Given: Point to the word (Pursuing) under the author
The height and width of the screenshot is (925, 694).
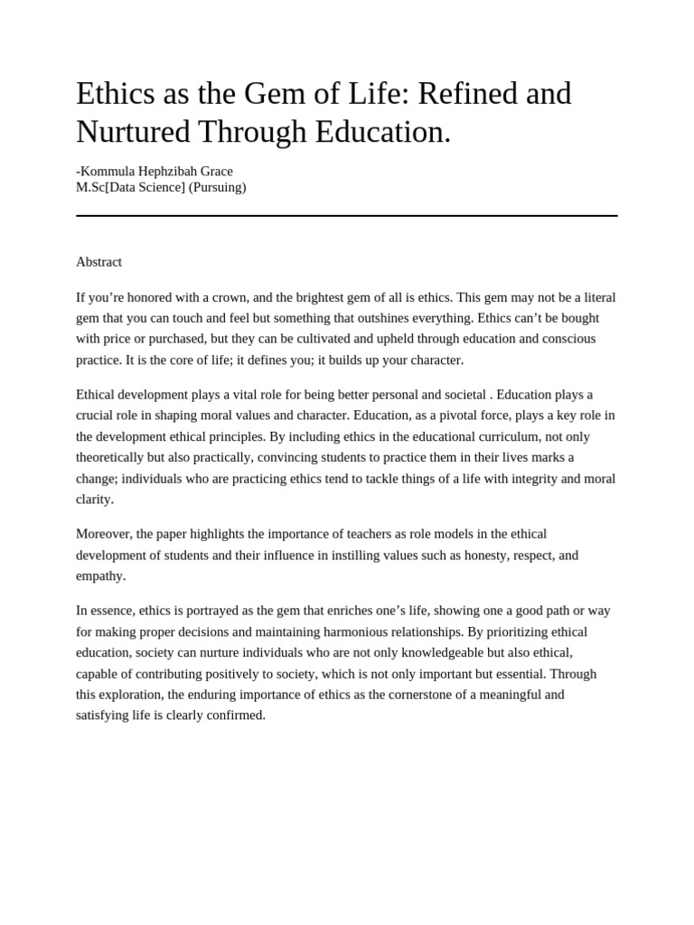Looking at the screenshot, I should pos(217,187).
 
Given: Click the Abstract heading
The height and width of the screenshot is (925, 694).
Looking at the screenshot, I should pos(98,262).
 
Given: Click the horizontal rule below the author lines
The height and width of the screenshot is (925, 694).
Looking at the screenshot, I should pos(347,216).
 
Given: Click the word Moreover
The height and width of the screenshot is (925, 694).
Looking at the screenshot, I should pos(104,534).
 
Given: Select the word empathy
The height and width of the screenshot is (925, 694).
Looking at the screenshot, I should pos(100,575).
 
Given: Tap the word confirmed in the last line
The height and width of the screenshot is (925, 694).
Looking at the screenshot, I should pos(239,715).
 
